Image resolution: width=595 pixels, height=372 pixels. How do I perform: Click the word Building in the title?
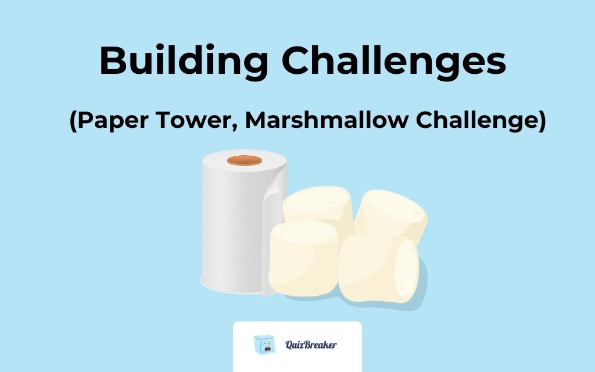tap(182, 60)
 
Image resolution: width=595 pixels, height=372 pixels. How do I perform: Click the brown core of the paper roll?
tap(245, 160)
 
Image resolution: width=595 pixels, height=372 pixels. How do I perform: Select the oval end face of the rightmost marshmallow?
tap(407, 270)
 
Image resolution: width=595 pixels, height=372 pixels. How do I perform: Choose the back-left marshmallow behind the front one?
tap(317, 206)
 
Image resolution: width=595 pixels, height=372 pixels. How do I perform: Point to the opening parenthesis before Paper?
tap(73, 122)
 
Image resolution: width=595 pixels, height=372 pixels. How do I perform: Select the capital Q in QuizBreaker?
tap(289, 345)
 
